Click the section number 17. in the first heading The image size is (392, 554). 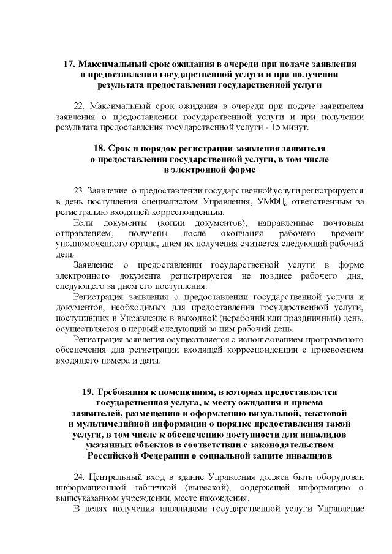tap(70, 64)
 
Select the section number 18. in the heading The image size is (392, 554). tap(100, 149)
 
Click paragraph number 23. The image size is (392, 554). tap(80, 191)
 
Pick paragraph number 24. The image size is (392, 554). tap(80, 476)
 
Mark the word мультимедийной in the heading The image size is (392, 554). tap(113, 424)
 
